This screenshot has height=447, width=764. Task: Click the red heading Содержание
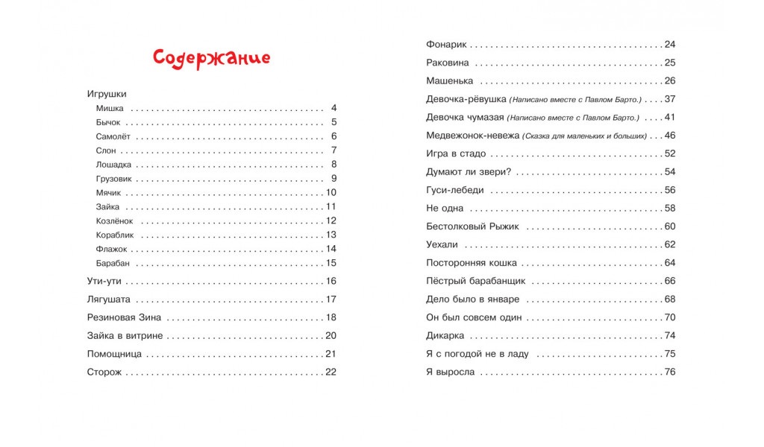(211, 58)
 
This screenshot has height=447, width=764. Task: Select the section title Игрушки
(107, 94)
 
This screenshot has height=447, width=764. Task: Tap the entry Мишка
(110, 108)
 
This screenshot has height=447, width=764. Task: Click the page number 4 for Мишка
(334, 108)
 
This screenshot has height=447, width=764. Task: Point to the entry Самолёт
(113, 136)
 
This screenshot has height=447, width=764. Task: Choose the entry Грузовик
(114, 179)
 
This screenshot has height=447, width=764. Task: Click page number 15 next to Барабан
(332, 263)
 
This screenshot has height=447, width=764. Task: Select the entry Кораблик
(115, 235)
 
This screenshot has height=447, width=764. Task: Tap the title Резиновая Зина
(124, 317)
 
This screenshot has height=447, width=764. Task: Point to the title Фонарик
(446, 45)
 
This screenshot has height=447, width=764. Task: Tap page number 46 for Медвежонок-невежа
(669, 136)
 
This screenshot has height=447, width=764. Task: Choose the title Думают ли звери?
(467, 172)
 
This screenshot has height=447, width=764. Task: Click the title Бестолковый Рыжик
(472, 226)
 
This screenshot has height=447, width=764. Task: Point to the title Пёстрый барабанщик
(476, 281)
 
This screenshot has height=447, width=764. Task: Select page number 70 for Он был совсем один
(669, 317)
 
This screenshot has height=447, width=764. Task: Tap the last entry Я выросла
(450, 372)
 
